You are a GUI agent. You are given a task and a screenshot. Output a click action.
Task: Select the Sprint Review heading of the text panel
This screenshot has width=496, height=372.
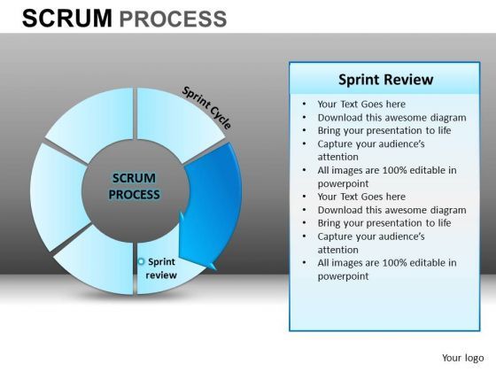[x=384, y=80]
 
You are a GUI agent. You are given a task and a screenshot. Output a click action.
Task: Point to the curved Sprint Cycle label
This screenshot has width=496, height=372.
[x=207, y=107]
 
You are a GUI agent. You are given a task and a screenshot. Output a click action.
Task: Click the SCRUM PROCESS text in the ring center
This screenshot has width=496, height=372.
[x=135, y=187]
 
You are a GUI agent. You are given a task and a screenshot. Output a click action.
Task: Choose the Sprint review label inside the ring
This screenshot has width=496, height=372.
[x=162, y=268]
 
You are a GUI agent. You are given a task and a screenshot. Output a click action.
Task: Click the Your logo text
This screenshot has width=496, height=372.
[x=461, y=357]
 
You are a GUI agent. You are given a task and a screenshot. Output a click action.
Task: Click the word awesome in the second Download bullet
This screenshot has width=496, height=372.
[x=405, y=210]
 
